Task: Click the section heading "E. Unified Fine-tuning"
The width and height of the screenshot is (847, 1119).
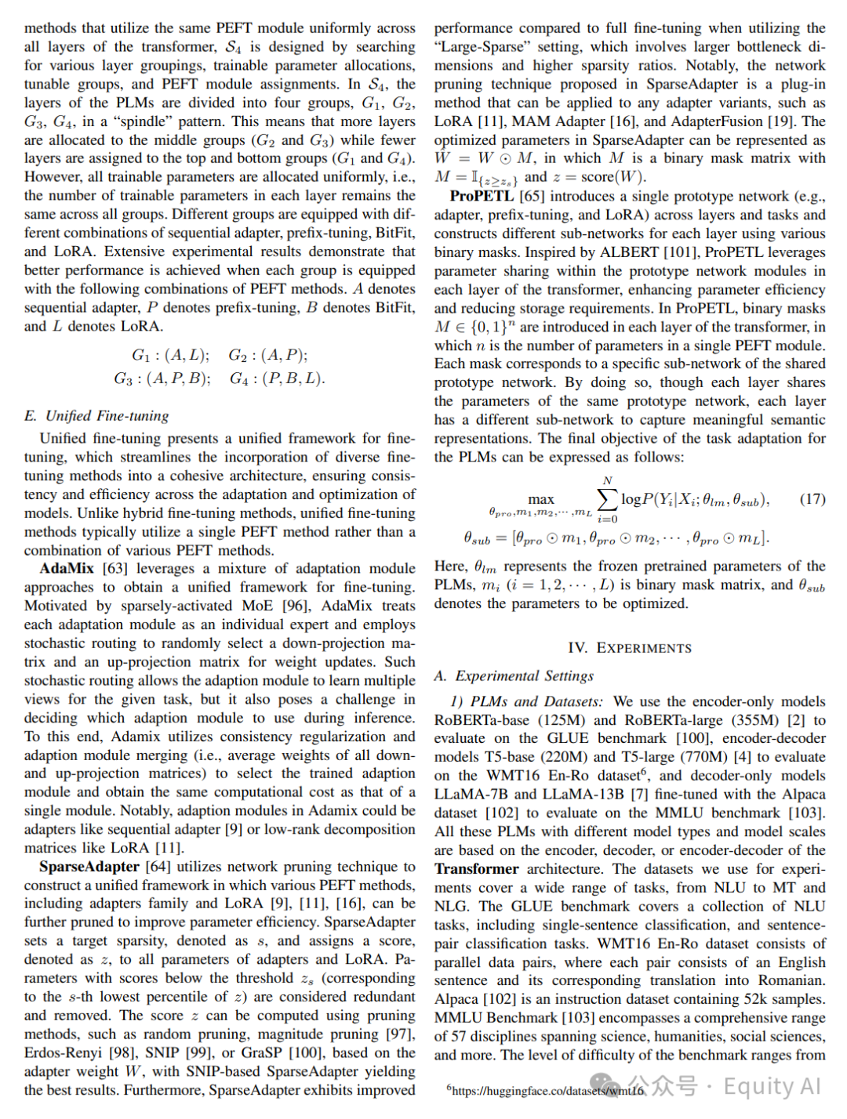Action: [96, 416]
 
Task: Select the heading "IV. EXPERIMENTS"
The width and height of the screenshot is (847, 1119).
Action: [630, 648]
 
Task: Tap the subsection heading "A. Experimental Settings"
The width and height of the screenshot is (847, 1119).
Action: [514, 675]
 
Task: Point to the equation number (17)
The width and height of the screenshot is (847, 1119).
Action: [812, 499]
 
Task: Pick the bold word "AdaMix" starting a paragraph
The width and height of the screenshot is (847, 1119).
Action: [67, 569]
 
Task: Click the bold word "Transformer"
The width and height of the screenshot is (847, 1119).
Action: [477, 869]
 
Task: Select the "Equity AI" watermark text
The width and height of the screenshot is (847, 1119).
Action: [772, 1086]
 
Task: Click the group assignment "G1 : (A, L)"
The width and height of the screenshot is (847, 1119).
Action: [170, 355]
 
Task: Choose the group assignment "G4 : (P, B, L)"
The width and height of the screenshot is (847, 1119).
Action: [278, 378]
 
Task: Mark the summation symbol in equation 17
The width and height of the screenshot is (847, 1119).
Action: [607, 499]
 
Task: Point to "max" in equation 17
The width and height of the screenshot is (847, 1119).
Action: [541, 499]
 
